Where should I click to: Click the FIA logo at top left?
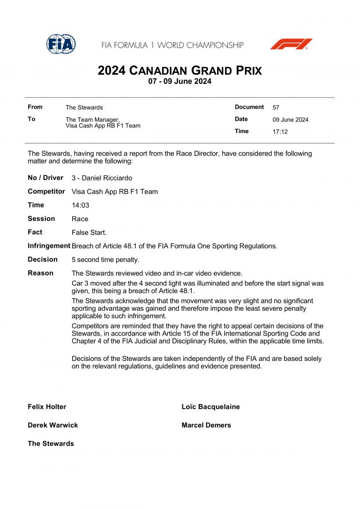61,44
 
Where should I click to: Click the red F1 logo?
291,44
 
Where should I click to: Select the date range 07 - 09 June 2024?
180,81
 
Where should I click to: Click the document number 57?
276,107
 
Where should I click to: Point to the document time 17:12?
280,132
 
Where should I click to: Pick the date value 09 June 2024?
290,120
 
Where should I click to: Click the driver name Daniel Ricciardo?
107,178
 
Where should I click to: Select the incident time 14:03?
80,205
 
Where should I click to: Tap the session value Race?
80,219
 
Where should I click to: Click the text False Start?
89,232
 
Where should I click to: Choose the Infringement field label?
49,246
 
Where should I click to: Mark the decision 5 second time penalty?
105,260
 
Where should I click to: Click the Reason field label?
40,273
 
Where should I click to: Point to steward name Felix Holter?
47,407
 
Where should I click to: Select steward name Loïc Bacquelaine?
210,407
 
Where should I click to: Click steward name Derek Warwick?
52,425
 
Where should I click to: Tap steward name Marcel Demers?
206,425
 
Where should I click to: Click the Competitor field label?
46,191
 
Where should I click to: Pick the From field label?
35,107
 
